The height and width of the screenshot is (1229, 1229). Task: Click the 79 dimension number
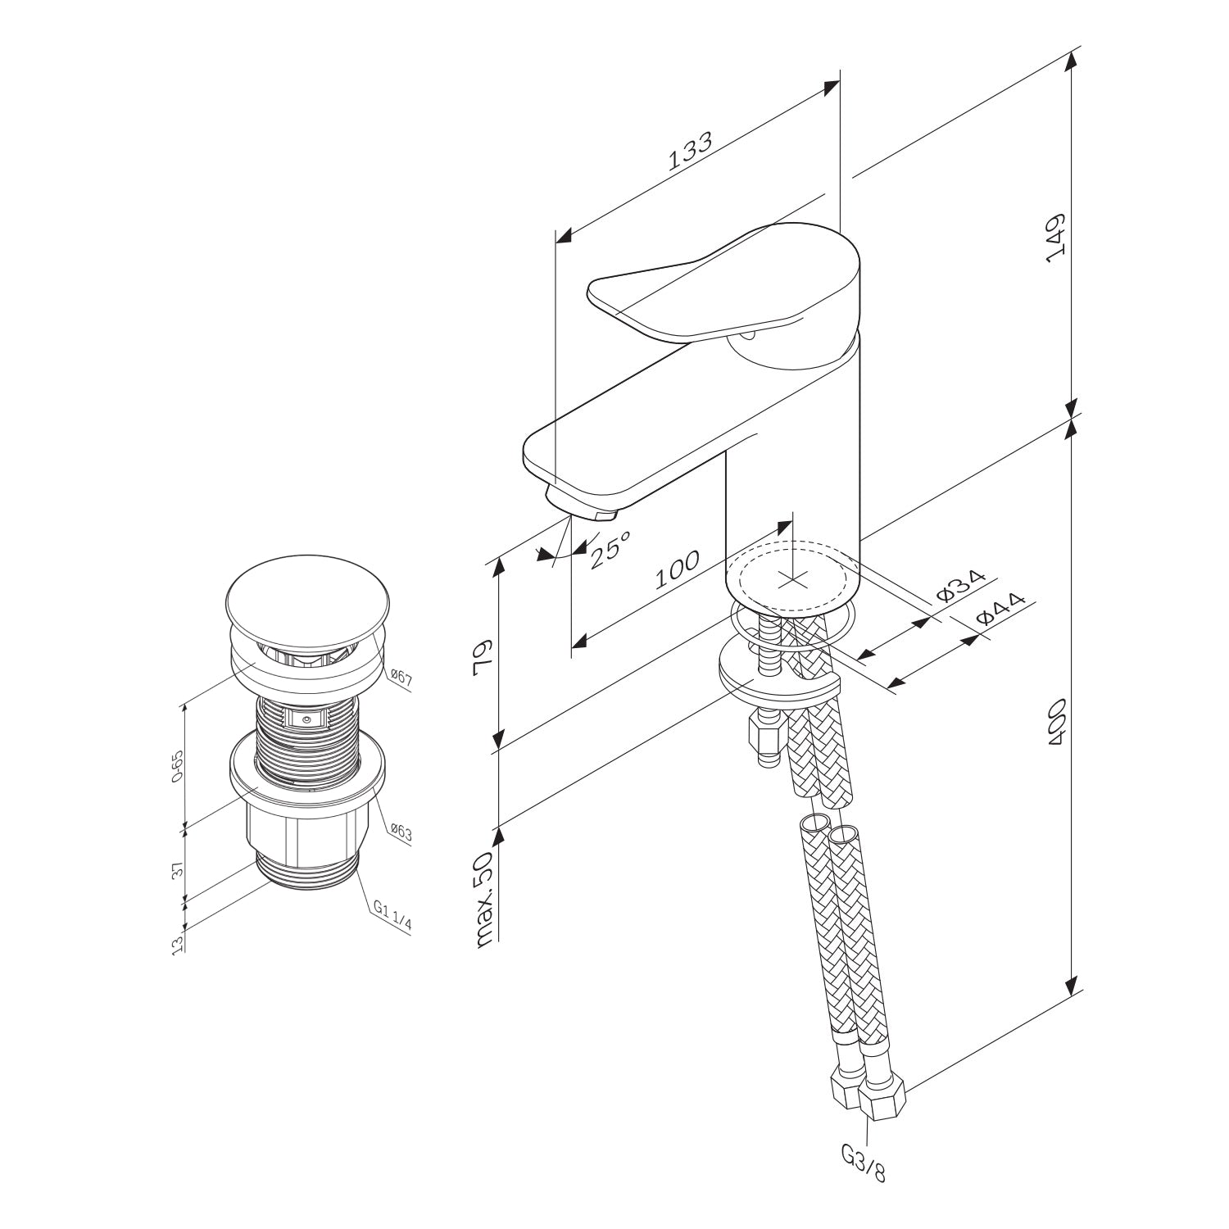[483, 655]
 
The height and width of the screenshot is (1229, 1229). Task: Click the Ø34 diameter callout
[959, 586]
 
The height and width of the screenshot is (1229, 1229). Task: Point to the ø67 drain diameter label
[401, 677]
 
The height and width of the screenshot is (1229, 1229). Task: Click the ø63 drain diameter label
[401, 832]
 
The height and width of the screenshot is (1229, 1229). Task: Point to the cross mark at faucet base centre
[791, 580]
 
